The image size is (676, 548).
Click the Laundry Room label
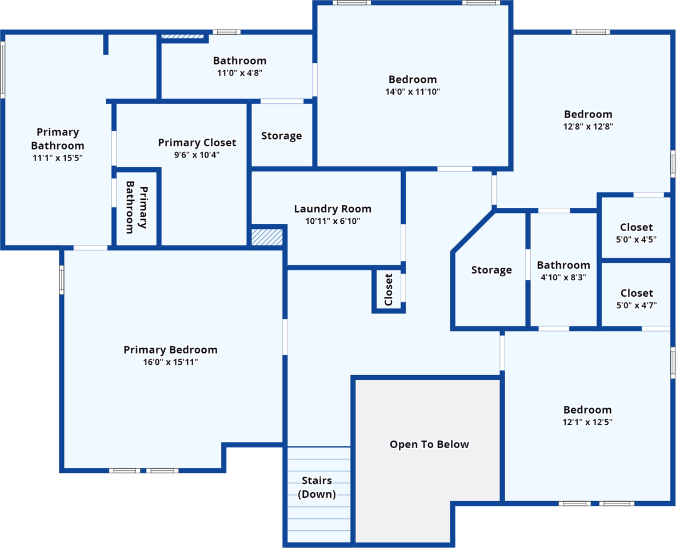point(333,209)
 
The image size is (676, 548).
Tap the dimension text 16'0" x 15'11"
point(171,362)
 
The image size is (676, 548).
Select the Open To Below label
point(429,445)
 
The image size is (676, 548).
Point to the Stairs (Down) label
point(317,487)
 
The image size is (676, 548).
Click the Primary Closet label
point(197,143)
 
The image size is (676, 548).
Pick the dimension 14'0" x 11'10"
point(413,91)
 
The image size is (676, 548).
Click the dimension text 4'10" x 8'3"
point(563,277)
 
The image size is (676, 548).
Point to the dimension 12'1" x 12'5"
point(587,422)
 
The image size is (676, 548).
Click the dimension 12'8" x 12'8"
point(588,126)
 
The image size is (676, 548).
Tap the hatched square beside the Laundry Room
point(267,237)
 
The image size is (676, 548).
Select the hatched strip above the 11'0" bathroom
point(182,37)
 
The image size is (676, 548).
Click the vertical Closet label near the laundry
point(389,289)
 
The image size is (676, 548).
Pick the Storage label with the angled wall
point(491,270)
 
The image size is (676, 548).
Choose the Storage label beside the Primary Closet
point(282,136)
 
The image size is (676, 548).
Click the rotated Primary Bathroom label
point(136,207)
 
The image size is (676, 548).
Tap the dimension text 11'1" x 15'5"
point(58,158)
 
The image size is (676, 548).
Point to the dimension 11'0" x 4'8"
point(239,73)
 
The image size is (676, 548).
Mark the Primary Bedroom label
point(171,350)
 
